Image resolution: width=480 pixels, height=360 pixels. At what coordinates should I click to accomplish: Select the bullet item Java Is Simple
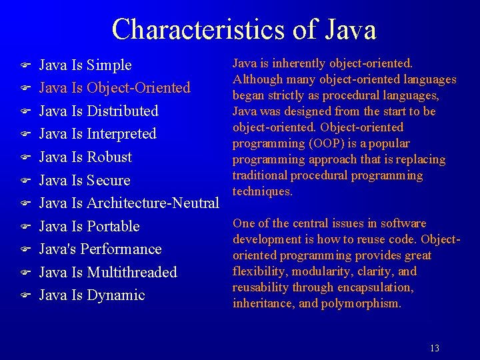pyautogui.click(x=85, y=65)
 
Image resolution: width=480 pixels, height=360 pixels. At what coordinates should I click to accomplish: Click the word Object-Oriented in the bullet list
pyautogui.click(x=139, y=88)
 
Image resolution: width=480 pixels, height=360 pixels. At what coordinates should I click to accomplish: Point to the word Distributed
pyautogui.click(x=123, y=111)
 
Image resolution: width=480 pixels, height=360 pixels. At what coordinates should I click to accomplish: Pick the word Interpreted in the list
pyautogui.click(x=121, y=134)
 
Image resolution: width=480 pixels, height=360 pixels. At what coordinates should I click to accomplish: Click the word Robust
pyautogui.click(x=109, y=157)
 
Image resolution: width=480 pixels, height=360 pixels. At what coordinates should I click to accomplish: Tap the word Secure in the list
pyautogui.click(x=109, y=181)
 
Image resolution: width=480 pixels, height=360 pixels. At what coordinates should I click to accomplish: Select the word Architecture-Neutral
pyautogui.click(x=153, y=203)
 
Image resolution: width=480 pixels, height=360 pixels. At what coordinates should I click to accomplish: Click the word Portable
pyautogui.click(x=113, y=227)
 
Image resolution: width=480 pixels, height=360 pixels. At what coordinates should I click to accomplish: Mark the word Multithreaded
pyautogui.click(x=132, y=273)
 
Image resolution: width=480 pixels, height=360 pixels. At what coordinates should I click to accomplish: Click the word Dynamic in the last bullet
pyautogui.click(x=116, y=295)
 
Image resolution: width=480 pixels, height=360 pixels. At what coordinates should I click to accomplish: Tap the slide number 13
pyautogui.click(x=435, y=348)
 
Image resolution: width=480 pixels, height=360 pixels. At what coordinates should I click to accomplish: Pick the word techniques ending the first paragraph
pyautogui.click(x=262, y=191)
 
